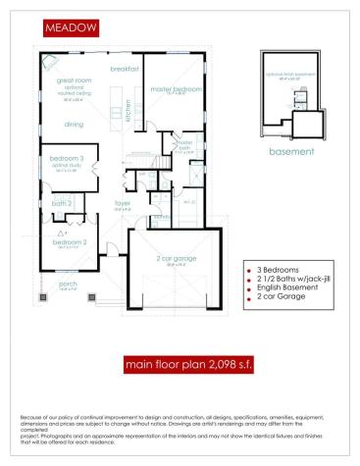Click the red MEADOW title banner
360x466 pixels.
click(x=71, y=29)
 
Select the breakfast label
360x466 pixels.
click(x=123, y=69)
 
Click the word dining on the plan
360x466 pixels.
click(x=74, y=125)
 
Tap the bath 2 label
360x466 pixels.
click(x=62, y=203)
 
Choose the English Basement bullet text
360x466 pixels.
click(x=280, y=288)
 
